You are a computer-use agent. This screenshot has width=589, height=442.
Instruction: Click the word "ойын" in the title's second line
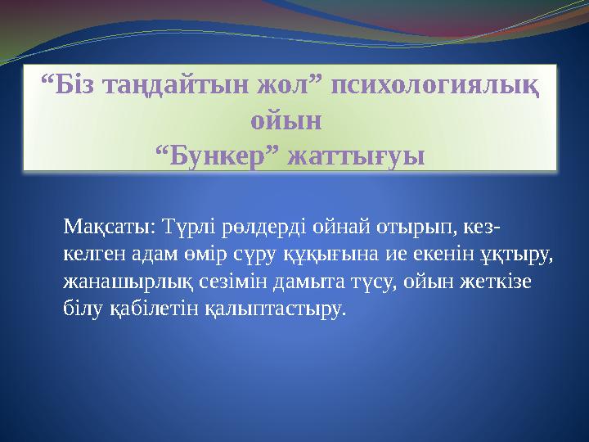pyautogui.click(x=286, y=120)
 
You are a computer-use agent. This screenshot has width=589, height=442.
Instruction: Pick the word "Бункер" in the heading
pyautogui.click(x=217, y=155)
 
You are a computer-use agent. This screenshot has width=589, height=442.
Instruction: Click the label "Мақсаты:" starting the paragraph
pyautogui.click(x=110, y=225)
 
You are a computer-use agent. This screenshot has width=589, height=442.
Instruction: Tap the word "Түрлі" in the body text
pyautogui.click(x=187, y=225)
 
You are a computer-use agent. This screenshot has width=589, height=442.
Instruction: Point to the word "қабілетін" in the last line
pyautogui.click(x=145, y=310)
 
